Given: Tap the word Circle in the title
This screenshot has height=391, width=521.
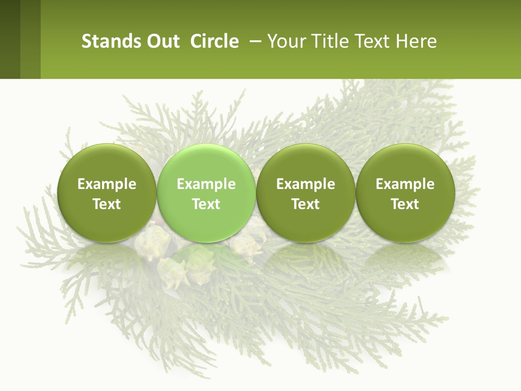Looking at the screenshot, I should pyautogui.click(x=214, y=41).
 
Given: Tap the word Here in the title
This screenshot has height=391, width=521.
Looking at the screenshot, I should pyautogui.click(x=417, y=41).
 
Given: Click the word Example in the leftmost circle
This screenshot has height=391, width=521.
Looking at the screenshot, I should pyautogui.click(x=107, y=184).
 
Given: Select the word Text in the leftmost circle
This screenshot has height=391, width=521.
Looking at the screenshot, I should pyautogui.click(x=107, y=204).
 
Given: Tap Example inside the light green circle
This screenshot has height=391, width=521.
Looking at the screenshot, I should pyautogui.click(x=206, y=184).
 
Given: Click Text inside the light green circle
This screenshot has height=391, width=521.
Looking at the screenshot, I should pyautogui.click(x=206, y=204).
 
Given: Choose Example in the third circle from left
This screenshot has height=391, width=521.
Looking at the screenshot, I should pyautogui.click(x=306, y=184).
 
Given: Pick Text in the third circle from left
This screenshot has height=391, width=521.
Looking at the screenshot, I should pyautogui.click(x=306, y=204).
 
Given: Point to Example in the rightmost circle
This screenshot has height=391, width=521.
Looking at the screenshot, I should pyautogui.click(x=405, y=184).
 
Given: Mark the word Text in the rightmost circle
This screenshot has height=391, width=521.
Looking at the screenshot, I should pyautogui.click(x=405, y=204).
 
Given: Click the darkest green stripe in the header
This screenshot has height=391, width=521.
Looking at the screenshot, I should pyautogui.click(x=10, y=39).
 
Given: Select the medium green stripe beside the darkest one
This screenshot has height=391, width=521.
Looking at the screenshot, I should pyautogui.click(x=30, y=39).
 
